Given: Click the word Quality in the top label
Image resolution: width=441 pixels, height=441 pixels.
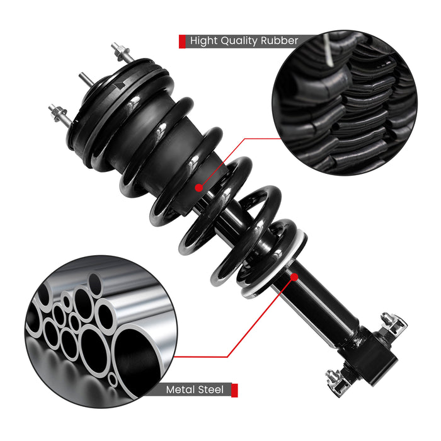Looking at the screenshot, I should point(243,42).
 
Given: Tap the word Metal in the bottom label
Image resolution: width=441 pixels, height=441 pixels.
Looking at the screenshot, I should point(181,390).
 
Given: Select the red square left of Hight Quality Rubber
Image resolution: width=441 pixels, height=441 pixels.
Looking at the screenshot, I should point(183,42).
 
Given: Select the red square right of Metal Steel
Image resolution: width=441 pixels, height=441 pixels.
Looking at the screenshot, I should point(234,390).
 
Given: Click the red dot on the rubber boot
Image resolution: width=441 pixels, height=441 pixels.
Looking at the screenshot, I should point(199,187).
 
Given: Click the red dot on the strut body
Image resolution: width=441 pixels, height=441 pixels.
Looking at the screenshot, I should point(294,275).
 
